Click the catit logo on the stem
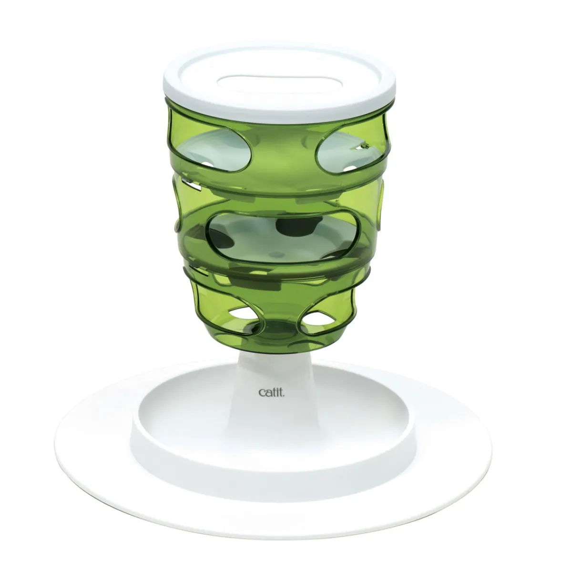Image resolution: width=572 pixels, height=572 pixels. pos(272,392)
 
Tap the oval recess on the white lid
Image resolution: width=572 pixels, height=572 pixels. pos(278,82)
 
